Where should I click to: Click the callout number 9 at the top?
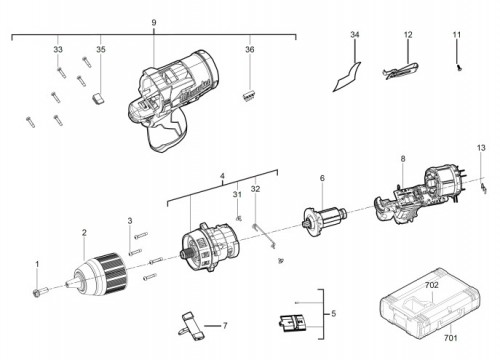tap(154, 23)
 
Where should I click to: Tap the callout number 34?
tap(355, 35)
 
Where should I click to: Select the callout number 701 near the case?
tap(450, 338)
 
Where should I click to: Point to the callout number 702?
tap(432, 285)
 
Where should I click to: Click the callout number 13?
tap(481, 148)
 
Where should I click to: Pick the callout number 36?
tap(250, 49)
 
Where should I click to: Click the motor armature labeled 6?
tap(324, 221)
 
